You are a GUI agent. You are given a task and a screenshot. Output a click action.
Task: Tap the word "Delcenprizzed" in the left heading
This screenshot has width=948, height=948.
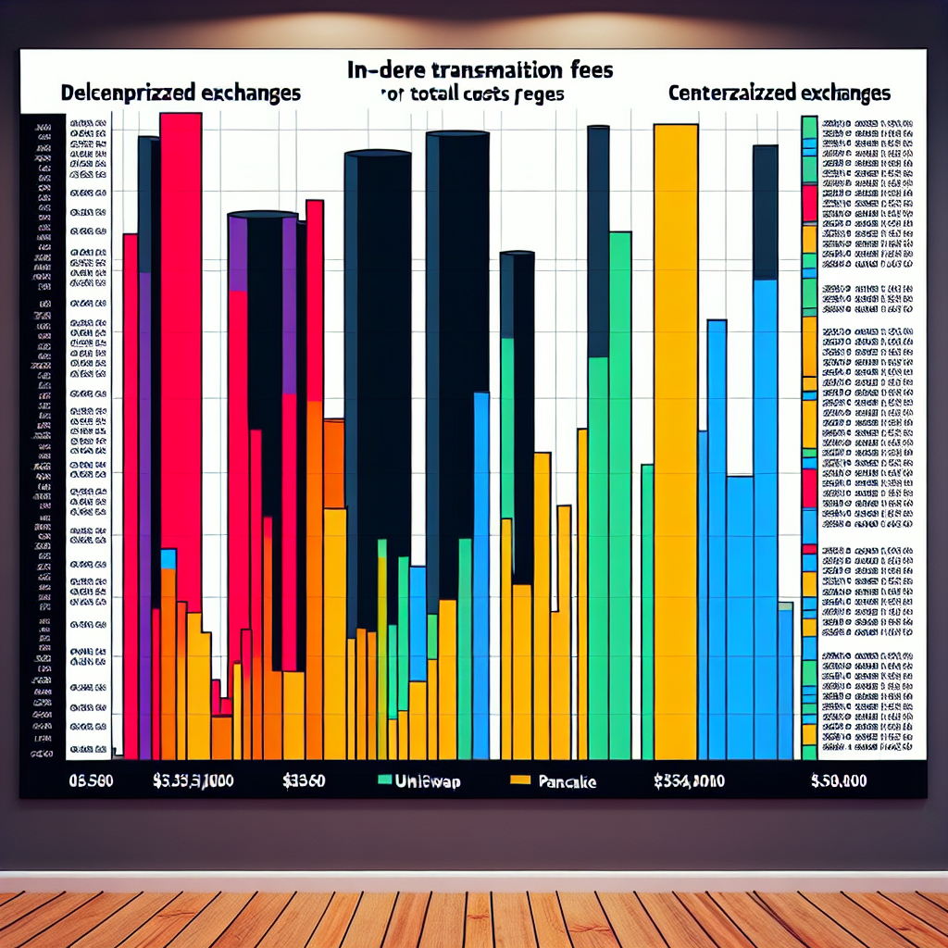118,94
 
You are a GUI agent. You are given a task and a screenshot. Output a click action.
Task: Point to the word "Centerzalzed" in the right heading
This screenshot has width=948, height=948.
722,94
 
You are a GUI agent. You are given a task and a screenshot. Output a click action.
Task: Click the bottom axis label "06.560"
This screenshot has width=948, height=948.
91,780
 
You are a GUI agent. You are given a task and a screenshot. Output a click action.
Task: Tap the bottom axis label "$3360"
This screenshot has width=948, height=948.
304,780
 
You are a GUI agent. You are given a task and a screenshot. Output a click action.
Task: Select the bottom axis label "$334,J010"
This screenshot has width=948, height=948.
688,780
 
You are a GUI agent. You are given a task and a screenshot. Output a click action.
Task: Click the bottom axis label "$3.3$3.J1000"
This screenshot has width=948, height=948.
193,780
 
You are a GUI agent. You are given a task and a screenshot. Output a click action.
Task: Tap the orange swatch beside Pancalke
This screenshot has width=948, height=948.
520,780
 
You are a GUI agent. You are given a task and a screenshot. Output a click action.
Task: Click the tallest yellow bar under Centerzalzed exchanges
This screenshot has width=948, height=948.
676,435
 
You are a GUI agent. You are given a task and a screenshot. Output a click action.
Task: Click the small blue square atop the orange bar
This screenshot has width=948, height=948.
168,558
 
